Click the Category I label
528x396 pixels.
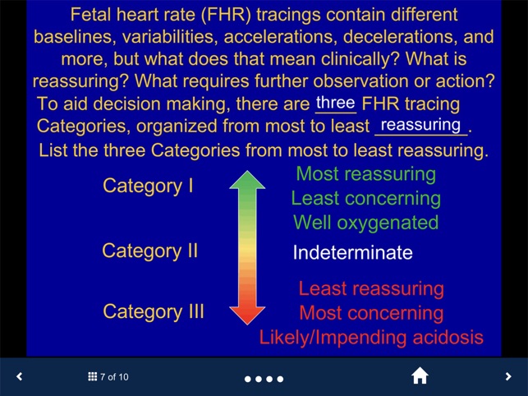[x=148, y=186]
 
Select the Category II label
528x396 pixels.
[x=149, y=251]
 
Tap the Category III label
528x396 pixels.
[x=154, y=311]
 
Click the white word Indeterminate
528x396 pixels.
[x=352, y=252]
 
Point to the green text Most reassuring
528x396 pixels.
[x=365, y=174]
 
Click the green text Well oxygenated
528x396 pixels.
[x=365, y=223]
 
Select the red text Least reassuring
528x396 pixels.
[x=371, y=288]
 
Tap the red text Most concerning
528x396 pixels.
[x=371, y=313]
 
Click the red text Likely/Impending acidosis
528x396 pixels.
[x=371, y=338]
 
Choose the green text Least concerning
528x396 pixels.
[x=365, y=198]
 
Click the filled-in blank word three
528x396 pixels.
[x=335, y=104]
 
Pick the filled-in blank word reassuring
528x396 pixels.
[x=421, y=125]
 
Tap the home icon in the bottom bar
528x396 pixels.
[x=420, y=376]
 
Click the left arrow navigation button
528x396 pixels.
[x=20, y=377]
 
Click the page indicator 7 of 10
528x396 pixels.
[x=108, y=377]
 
